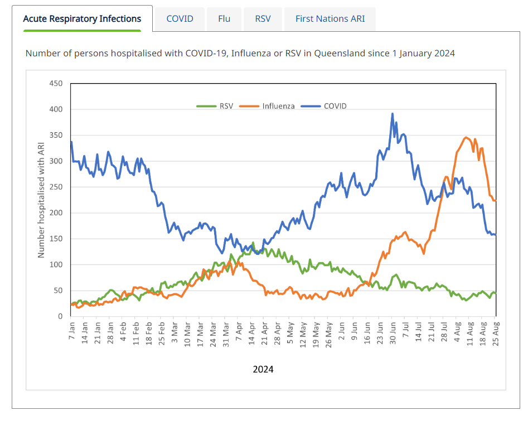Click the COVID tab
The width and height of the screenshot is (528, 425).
pyautogui.click(x=180, y=18)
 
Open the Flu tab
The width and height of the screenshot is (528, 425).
pyautogui.click(x=224, y=18)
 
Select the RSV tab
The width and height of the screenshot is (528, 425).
pyautogui.click(x=263, y=18)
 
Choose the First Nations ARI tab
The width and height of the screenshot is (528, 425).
pyautogui.click(x=330, y=18)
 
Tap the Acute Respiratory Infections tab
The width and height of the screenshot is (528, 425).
pyautogui.click(x=82, y=18)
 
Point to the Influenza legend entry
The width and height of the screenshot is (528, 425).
pyautogui.click(x=278, y=106)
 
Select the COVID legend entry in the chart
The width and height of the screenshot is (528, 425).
pyautogui.click(x=335, y=106)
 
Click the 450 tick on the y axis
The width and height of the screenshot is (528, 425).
pyautogui.click(x=56, y=84)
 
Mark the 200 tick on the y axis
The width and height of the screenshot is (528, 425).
pyautogui.click(x=56, y=213)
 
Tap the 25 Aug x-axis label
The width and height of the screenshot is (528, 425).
pyautogui.click(x=496, y=333)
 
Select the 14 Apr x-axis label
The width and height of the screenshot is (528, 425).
pyautogui.click(x=253, y=333)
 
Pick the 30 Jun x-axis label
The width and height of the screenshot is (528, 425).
pyautogui.click(x=393, y=333)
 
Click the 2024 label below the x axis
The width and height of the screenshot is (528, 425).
pyautogui.click(x=263, y=369)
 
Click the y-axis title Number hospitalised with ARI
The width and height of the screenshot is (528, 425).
pyautogui.click(x=41, y=199)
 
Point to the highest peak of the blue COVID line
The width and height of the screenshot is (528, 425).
pyautogui.click(x=393, y=114)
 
